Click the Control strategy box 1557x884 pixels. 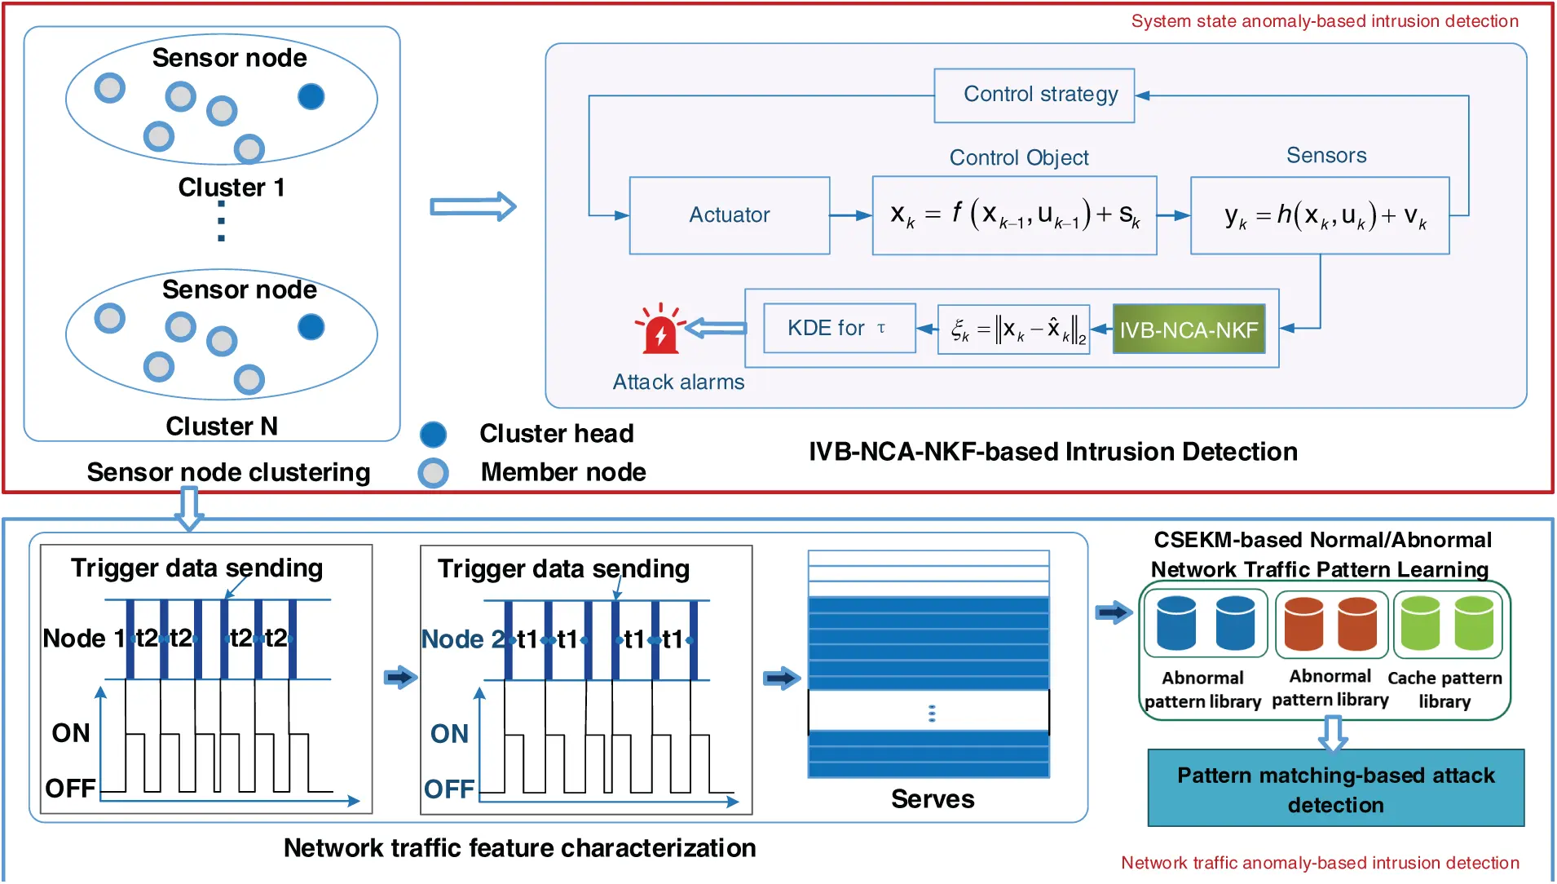(1034, 95)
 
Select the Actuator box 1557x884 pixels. (729, 215)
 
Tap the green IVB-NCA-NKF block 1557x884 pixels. (1189, 329)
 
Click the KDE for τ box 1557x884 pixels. (839, 328)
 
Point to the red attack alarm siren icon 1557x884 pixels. (659, 329)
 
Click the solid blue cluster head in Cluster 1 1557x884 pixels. (311, 97)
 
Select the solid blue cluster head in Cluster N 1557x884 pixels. (311, 327)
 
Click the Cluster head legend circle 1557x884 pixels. (433, 434)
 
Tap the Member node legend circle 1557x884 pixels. (433, 473)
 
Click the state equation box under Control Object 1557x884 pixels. (1014, 215)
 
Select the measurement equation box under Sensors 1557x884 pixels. (1319, 215)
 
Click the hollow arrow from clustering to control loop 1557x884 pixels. (473, 207)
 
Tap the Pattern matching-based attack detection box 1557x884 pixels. (1335, 789)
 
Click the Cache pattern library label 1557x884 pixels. (1444, 689)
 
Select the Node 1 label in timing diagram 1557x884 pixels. (73, 639)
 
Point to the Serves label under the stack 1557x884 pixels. (932, 799)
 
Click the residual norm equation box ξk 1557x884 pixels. (1013, 329)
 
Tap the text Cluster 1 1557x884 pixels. (232, 188)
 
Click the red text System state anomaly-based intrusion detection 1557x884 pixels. (1324, 21)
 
